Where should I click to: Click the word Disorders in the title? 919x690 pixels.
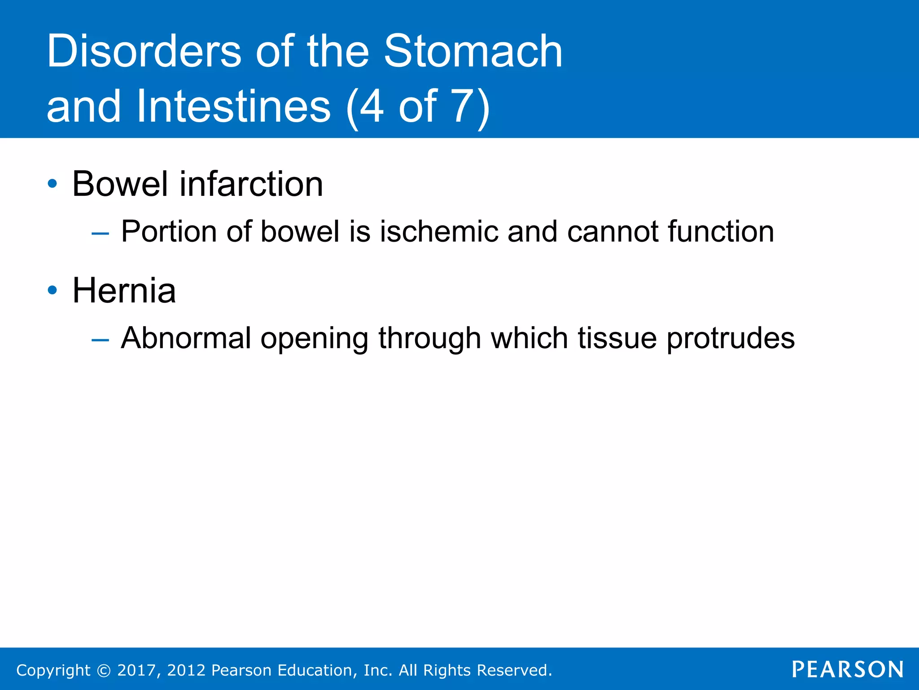144,52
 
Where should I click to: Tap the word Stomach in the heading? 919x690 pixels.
473,52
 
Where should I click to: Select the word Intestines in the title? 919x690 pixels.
233,106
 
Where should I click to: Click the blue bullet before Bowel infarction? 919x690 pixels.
53,184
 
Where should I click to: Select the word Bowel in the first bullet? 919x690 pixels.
120,184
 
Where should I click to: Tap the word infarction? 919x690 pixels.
251,184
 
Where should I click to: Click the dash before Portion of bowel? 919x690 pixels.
100,233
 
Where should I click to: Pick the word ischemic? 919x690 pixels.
439,232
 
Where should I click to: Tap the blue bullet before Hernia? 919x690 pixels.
53,290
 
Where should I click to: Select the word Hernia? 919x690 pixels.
124,290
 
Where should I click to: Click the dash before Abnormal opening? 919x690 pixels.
100,340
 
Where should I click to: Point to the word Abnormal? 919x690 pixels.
186,338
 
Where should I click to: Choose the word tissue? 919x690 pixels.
617,338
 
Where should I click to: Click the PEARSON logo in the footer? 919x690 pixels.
847,669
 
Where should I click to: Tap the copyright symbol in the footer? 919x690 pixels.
104,670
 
